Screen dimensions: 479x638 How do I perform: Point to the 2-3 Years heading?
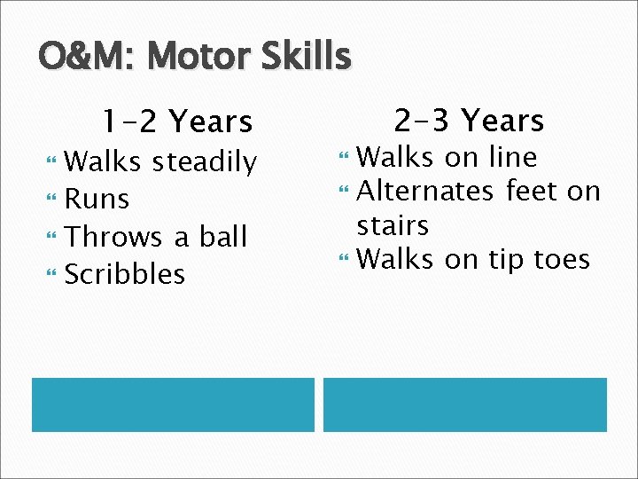(469, 120)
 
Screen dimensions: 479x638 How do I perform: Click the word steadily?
(204, 162)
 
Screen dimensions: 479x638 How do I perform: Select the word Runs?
(97, 200)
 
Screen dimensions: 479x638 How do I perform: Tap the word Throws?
(114, 237)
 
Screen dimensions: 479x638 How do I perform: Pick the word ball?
(222, 237)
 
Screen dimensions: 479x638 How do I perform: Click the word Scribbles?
(125, 274)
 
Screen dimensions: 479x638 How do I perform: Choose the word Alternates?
(424, 191)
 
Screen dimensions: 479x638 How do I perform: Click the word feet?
(532, 191)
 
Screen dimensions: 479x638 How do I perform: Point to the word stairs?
(393, 225)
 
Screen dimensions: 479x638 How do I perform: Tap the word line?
(512, 157)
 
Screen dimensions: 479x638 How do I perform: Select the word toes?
(562, 259)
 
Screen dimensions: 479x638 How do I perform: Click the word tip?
(506, 259)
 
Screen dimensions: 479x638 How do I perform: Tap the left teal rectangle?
(173, 404)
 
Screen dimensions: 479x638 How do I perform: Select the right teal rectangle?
(464, 404)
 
